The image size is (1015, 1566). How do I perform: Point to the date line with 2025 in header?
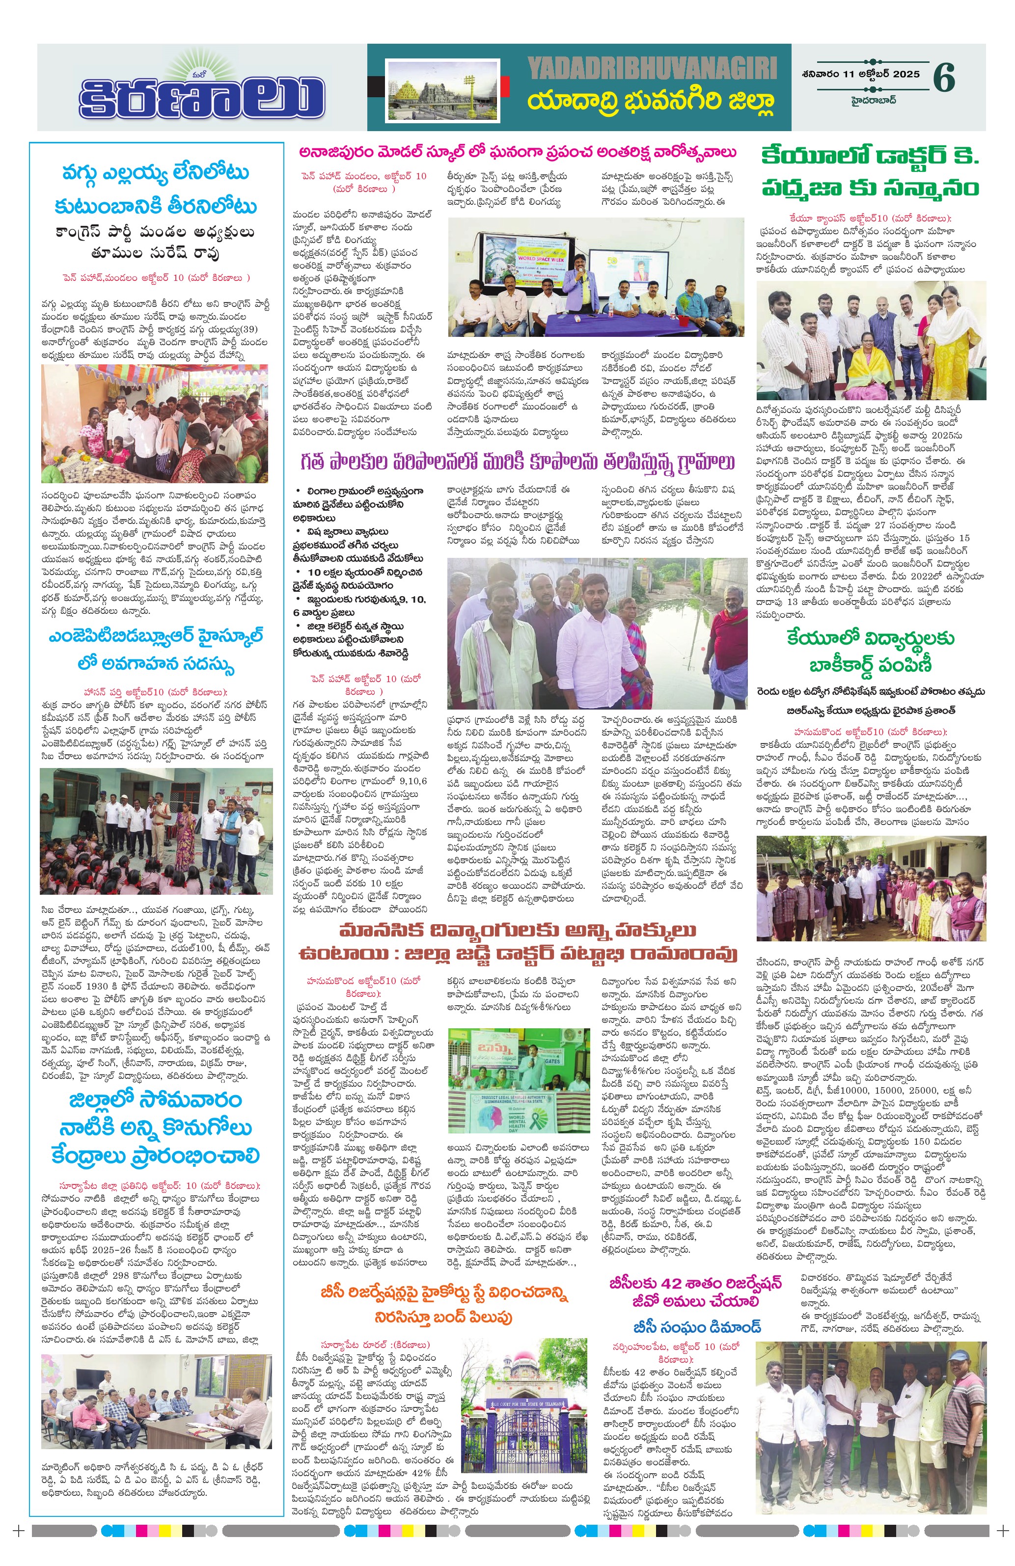tap(860, 74)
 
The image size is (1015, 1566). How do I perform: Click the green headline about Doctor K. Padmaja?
tap(870, 172)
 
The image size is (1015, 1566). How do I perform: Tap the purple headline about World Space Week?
tap(517, 153)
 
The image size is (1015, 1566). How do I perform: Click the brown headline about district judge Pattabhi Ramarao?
tap(517, 942)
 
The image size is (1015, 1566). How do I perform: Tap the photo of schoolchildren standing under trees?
tap(870, 888)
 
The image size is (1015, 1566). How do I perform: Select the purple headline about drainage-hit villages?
tap(517, 463)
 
